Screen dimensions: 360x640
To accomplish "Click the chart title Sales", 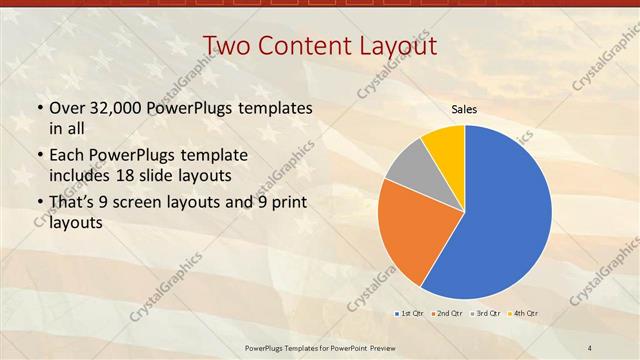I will point(464,110).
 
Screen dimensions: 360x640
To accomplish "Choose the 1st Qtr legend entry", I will point(411,314).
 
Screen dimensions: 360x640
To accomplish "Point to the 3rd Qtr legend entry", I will point(487,314).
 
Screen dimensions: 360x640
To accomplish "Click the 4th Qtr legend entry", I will point(524,314).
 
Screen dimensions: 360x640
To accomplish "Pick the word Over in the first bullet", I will point(67,107).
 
